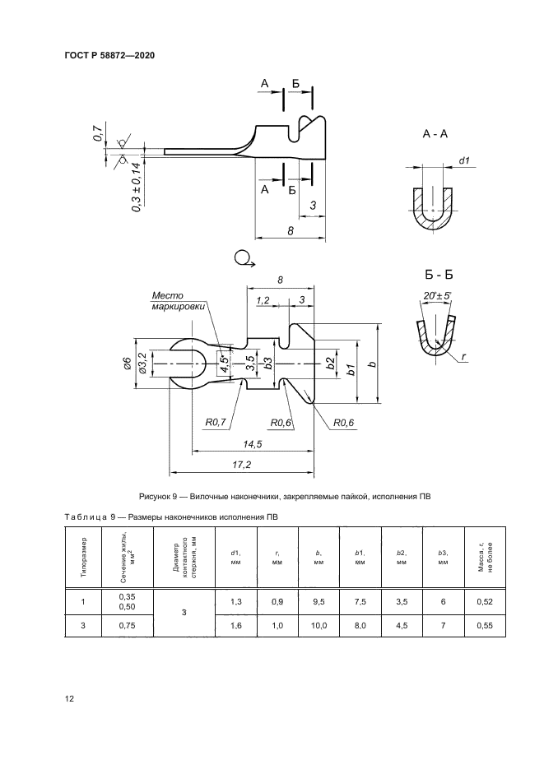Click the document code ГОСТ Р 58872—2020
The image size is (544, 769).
pos(109,56)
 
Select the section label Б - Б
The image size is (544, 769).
pos(433,274)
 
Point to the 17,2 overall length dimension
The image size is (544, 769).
pos(241,466)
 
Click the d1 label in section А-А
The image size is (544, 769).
pos(464,162)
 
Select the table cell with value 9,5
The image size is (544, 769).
pos(319,603)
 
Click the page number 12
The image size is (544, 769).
pos(70,699)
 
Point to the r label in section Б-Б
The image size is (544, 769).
pos(465,357)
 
